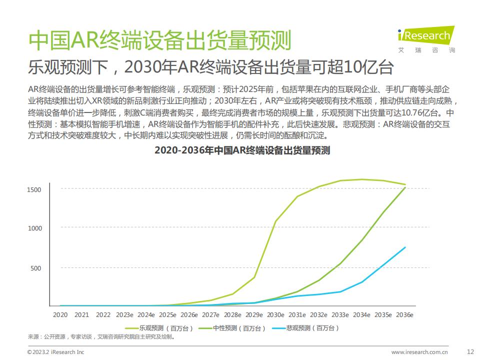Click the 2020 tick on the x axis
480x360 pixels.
click(x=60, y=315)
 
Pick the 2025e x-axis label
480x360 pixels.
click(x=167, y=315)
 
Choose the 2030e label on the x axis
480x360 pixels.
click(x=275, y=315)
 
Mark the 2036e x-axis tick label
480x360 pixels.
click(x=404, y=315)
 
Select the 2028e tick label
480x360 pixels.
click(x=232, y=315)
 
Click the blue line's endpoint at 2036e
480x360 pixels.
click(x=405, y=247)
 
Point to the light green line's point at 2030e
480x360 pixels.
click(x=275, y=220)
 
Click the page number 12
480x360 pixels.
click(x=469, y=351)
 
